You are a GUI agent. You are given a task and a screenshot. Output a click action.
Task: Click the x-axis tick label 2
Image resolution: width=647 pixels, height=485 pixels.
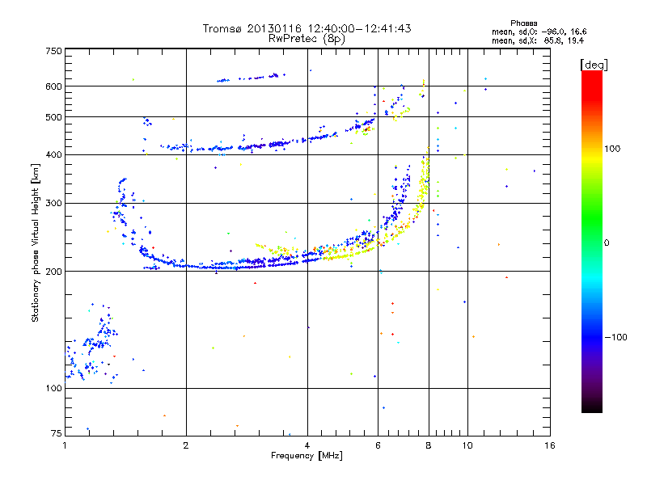point(186,445)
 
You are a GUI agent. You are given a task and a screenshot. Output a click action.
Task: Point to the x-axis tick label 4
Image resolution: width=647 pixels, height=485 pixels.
point(307,445)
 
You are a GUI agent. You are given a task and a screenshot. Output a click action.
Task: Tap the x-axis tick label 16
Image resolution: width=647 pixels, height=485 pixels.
point(549,445)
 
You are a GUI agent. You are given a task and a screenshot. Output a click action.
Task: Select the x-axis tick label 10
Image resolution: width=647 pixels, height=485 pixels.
point(467,445)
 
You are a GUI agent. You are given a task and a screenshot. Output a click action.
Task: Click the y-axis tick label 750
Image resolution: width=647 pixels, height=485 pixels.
point(53,50)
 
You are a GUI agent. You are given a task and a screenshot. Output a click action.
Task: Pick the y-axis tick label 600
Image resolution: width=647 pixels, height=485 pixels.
point(53,86)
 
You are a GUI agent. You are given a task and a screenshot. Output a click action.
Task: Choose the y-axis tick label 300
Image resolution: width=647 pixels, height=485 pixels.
point(53,203)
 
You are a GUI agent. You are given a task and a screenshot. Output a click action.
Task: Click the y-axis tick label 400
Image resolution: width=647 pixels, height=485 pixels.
point(53,155)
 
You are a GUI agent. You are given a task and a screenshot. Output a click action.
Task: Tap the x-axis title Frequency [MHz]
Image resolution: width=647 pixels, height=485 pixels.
point(307,455)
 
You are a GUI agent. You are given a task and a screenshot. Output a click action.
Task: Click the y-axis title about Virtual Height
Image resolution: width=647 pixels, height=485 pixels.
point(36,243)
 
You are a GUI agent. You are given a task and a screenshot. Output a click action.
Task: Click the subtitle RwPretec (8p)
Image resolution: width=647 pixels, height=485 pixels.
point(307,38)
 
